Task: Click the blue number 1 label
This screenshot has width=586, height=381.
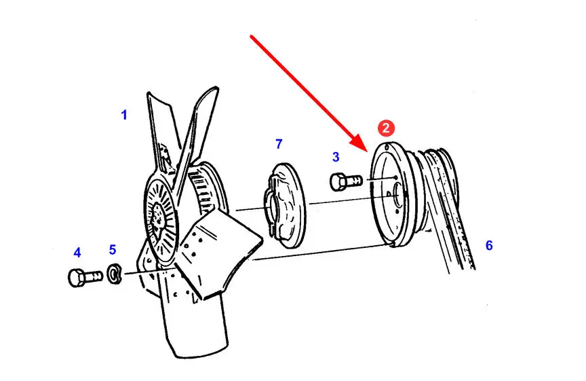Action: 124,115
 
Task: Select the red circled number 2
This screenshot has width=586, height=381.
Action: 385,128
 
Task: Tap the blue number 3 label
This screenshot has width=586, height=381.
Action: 336,158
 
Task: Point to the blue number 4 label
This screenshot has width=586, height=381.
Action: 77,253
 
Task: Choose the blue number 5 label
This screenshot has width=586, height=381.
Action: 113,250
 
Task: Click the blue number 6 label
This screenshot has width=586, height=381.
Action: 489,245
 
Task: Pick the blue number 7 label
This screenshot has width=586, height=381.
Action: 279,144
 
